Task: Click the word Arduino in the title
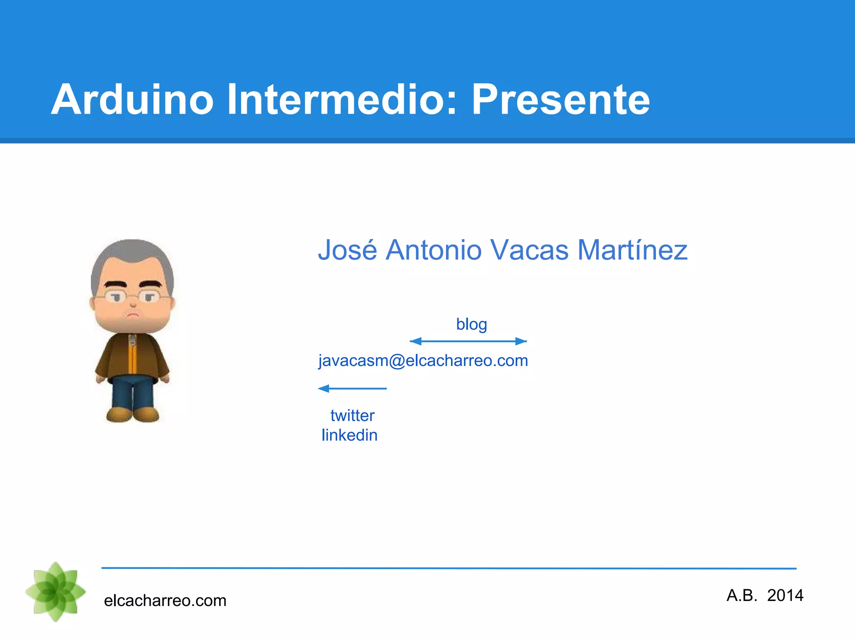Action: coord(132,100)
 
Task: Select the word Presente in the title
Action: coord(560,100)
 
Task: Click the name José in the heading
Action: coord(347,250)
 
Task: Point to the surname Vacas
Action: coord(529,250)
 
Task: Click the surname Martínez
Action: coord(632,250)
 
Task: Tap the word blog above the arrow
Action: coord(471,324)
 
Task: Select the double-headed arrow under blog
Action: coord(468,341)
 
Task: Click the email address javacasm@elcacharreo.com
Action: coord(423,361)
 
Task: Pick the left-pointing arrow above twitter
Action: coord(352,389)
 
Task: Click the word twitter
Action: coord(352,416)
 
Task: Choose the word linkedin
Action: coord(349,435)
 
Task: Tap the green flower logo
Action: coord(56,592)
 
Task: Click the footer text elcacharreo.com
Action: coord(165,601)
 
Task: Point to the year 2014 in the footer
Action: coord(785,596)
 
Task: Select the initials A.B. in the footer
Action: coord(741,596)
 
